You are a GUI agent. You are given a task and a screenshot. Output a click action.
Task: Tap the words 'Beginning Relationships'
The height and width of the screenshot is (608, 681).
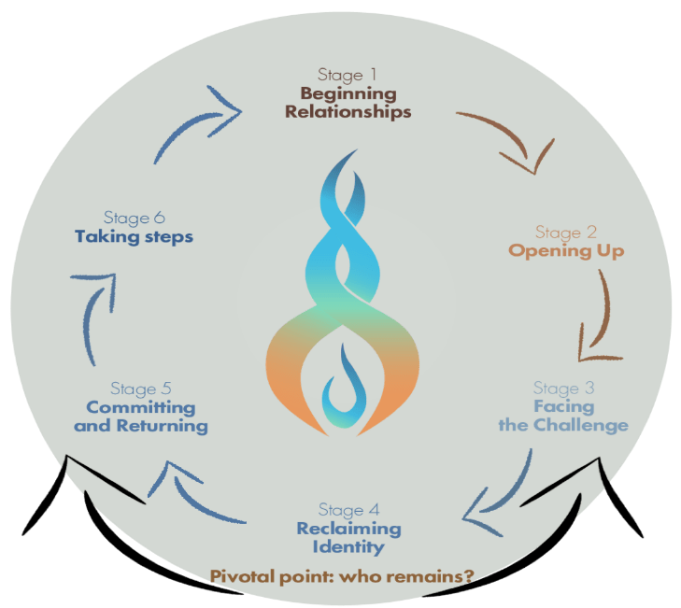pos(348,103)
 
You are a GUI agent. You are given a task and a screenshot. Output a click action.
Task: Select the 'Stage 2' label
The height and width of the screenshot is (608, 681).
pos(565,232)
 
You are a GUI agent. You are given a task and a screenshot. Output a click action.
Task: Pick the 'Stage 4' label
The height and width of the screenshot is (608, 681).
pos(348,510)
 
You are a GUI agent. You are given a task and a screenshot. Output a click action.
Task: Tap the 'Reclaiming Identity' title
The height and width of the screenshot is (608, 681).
pos(348,537)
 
